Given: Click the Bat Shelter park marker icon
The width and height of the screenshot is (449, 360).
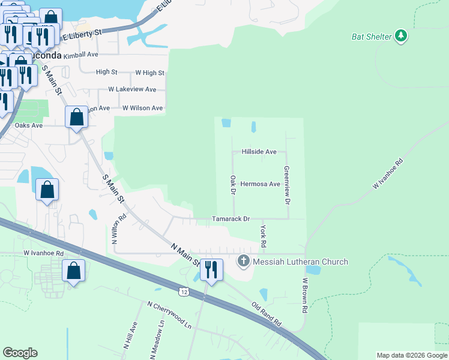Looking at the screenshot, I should (402, 37).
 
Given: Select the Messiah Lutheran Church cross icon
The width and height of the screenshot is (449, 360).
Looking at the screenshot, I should (243, 261).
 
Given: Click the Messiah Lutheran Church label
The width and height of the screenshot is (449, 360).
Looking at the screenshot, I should (300, 262).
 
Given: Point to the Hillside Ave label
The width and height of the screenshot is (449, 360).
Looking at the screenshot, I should (259, 152).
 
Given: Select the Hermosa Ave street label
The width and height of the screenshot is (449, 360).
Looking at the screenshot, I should (260, 184).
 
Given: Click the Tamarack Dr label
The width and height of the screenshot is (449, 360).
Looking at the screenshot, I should (231, 220).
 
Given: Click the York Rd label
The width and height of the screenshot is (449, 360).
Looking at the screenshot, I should (263, 237).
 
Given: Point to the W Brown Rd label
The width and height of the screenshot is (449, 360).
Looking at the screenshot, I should (305, 295).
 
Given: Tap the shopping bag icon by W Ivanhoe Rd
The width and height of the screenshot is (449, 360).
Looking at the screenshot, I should (73, 271).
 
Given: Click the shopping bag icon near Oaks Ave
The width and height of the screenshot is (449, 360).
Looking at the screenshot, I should (76, 116).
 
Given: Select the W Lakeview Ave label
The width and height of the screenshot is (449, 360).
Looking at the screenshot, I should (132, 89).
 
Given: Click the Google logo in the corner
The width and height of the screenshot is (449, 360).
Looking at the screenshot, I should (20, 353).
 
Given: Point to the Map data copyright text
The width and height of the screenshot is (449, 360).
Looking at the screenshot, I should (411, 355).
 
